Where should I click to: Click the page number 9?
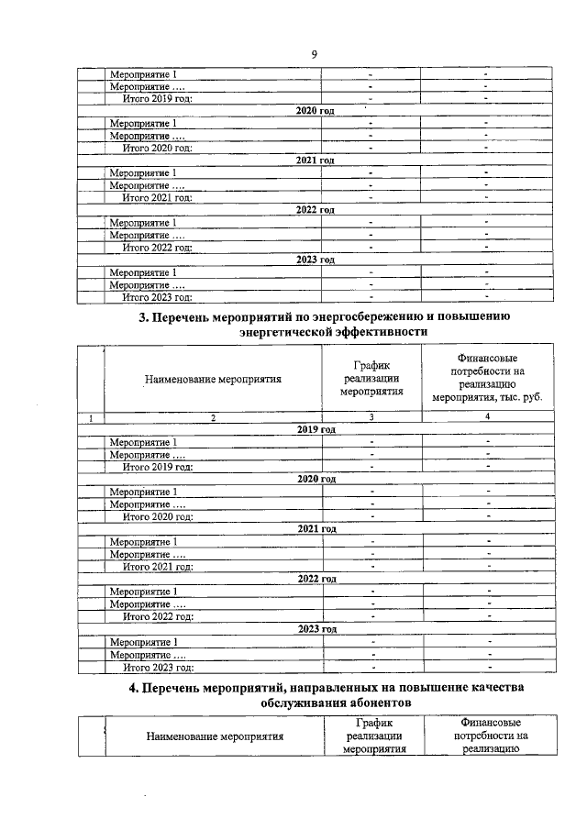click(314, 55)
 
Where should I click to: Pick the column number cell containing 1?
click(91, 417)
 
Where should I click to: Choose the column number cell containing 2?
click(213, 417)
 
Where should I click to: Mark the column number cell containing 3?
click(371, 417)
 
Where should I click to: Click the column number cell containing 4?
click(487, 417)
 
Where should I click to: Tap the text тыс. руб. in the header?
click(521, 400)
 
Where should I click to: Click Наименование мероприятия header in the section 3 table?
click(212, 377)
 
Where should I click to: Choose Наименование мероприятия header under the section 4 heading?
click(212, 736)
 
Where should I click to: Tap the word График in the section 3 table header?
click(371, 364)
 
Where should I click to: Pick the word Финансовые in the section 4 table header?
click(487, 723)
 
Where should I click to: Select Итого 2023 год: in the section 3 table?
click(157, 668)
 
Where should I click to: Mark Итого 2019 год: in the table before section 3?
click(157, 98)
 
